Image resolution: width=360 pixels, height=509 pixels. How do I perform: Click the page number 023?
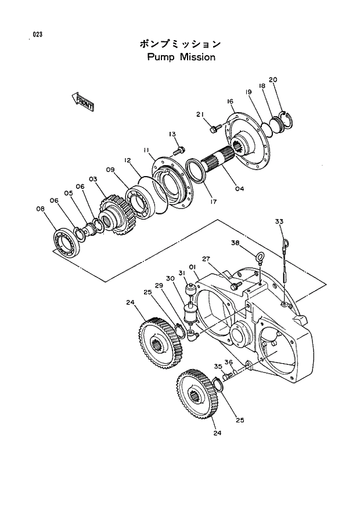click(38, 35)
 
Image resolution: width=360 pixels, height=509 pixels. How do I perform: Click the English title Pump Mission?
click(181, 58)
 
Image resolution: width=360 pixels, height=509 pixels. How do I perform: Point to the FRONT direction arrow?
click(83, 101)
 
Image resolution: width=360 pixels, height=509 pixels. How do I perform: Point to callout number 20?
click(273, 80)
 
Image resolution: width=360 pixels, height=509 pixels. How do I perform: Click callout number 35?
click(218, 367)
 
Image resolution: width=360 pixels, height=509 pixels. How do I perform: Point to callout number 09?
click(110, 170)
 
